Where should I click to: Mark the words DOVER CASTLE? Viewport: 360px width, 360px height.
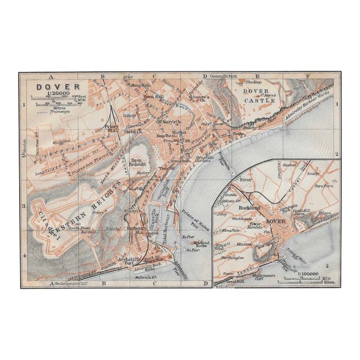pyautogui.click(x=259, y=96)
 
